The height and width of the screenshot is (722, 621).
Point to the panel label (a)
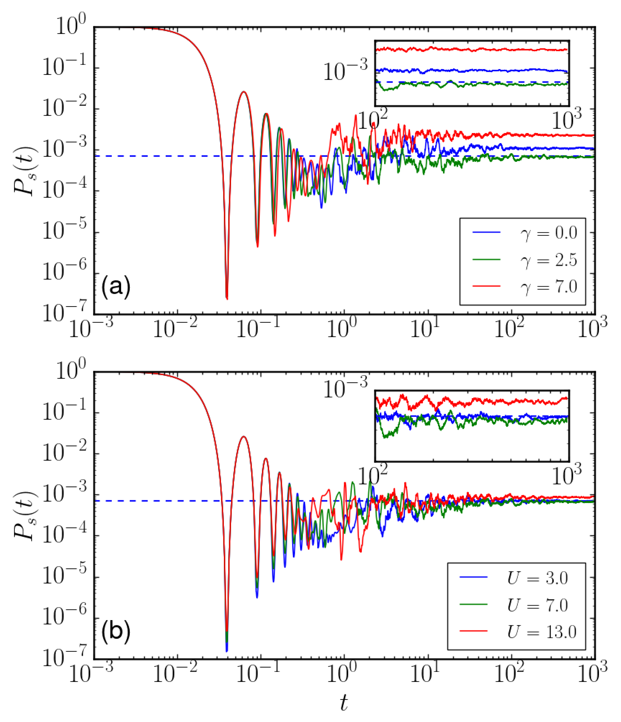(116, 287)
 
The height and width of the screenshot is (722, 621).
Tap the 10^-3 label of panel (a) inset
(345, 70)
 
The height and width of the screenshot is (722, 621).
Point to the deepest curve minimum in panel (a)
(227, 298)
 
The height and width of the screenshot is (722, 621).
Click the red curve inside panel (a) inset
(471, 50)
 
